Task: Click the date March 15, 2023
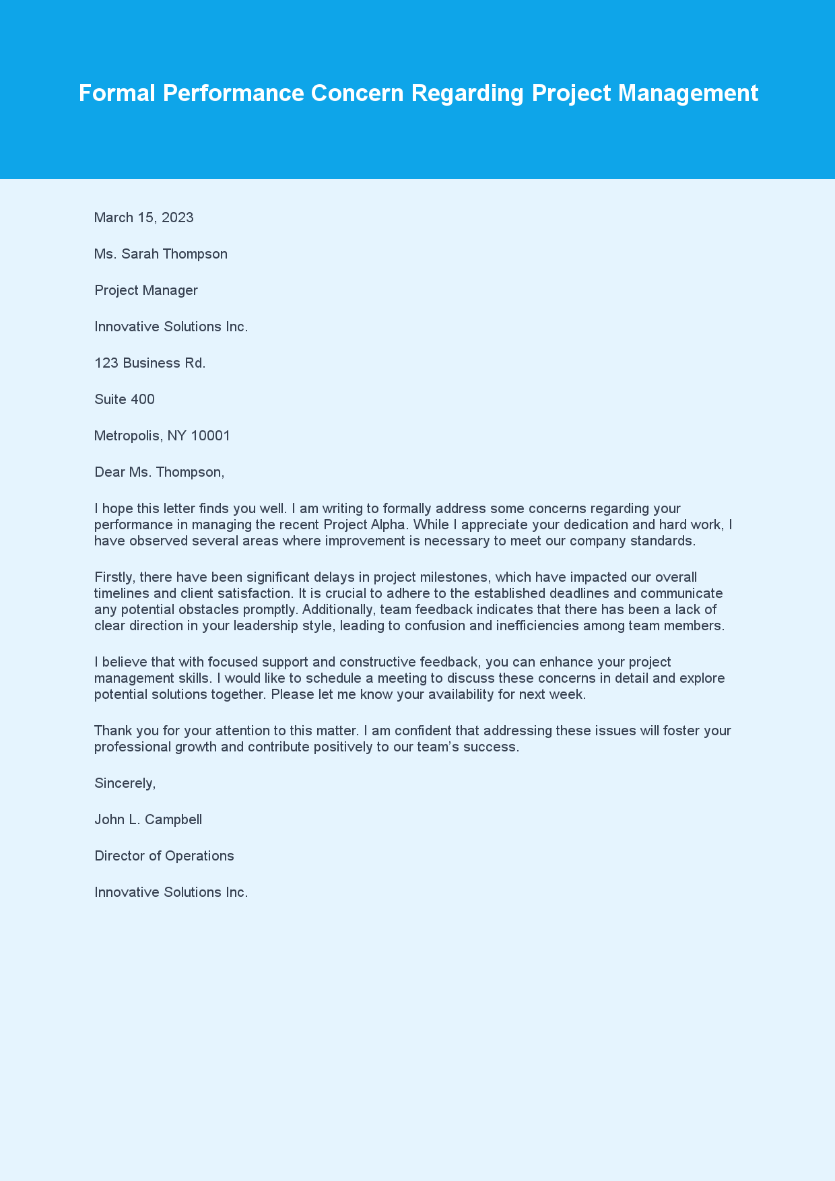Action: click(x=144, y=217)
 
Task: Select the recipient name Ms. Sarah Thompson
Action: click(x=161, y=254)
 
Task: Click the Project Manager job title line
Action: click(x=146, y=290)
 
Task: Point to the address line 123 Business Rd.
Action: click(x=150, y=363)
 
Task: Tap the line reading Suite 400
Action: click(x=125, y=399)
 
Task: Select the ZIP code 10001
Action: click(x=211, y=436)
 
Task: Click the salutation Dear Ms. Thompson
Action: click(x=159, y=472)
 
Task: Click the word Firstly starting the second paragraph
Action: click(x=114, y=577)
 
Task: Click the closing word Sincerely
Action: click(x=125, y=783)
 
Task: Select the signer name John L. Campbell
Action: click(x=148, y=819)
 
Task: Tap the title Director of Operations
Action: click(x=164, y=856)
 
